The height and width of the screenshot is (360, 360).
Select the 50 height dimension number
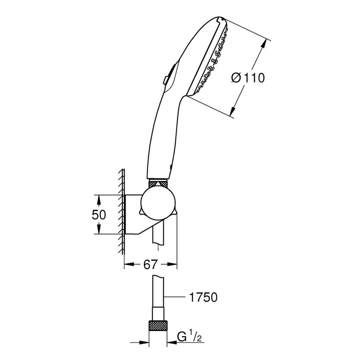99,214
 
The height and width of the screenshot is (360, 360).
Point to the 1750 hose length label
202,298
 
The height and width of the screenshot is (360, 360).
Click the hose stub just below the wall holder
157,235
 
